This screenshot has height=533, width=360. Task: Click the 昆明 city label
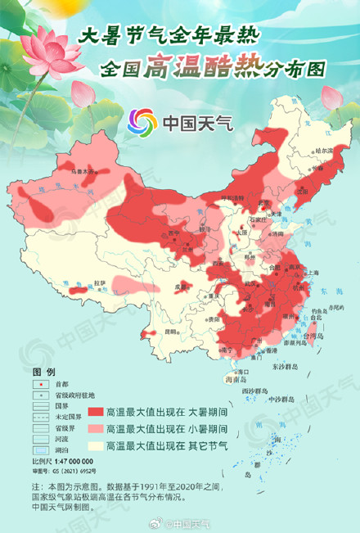pyautogui.click(x=172, y=332)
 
